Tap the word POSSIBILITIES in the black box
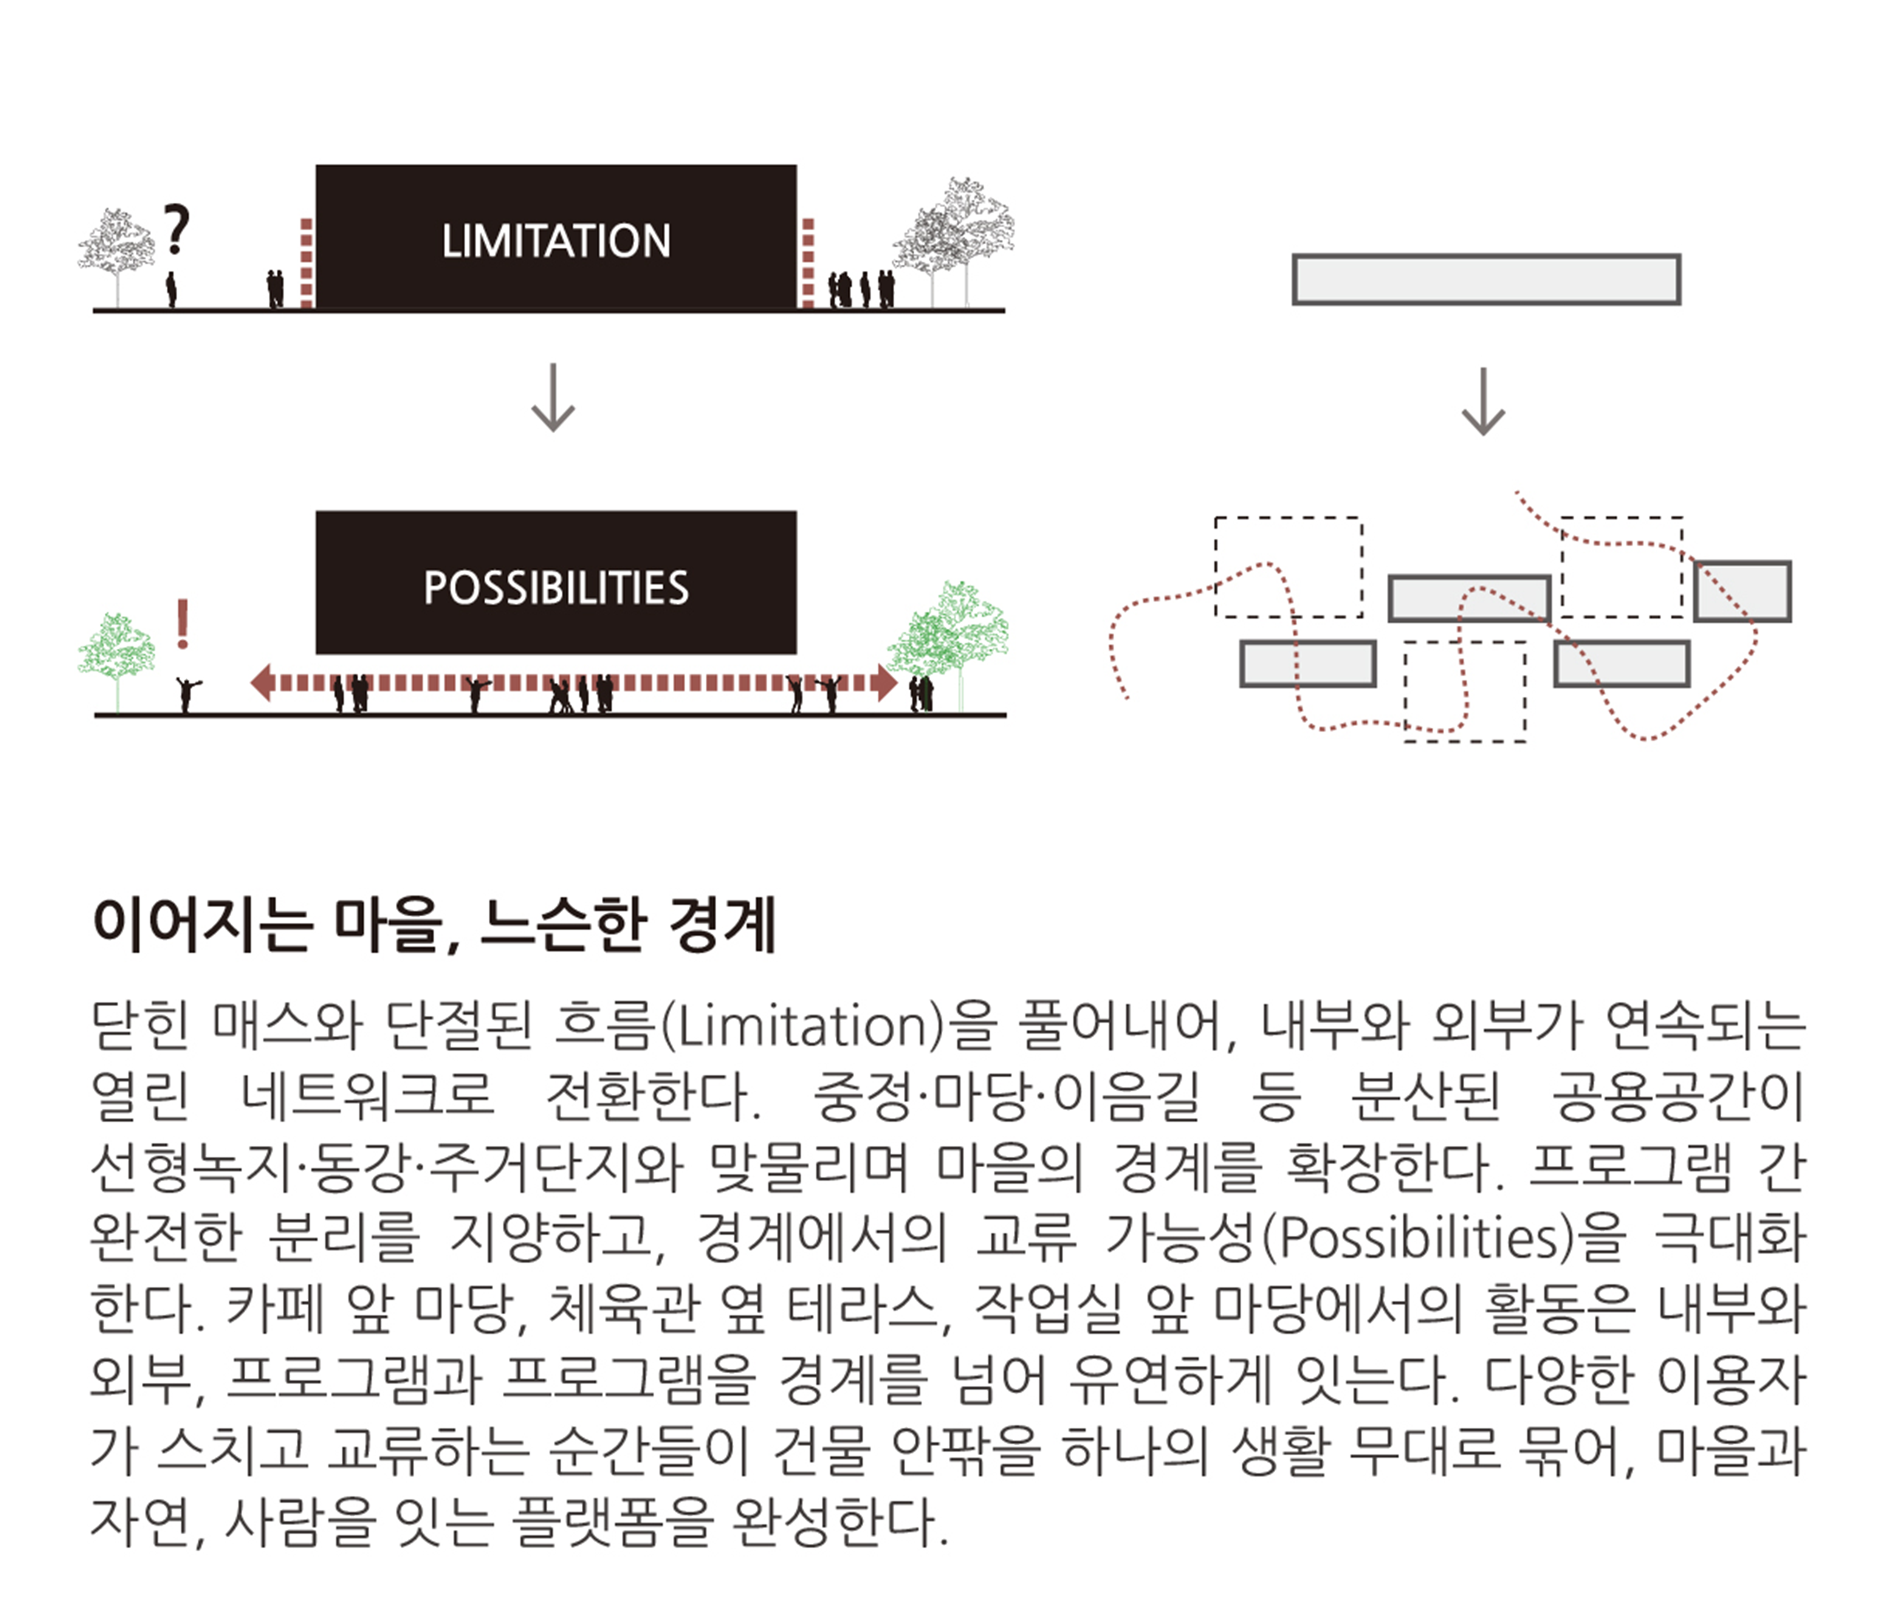[556, 588]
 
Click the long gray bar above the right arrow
[1486, 279]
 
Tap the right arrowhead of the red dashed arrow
[885, 682]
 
